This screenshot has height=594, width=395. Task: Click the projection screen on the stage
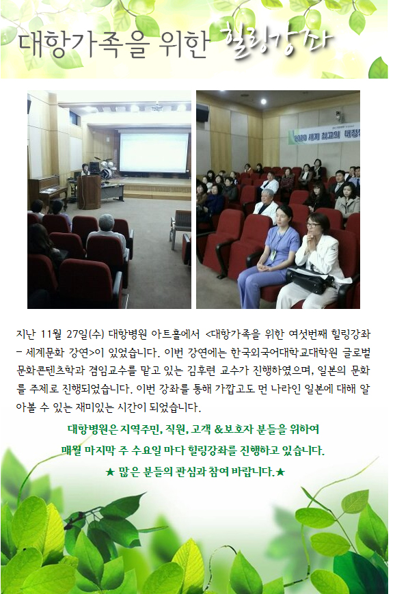[x=154, y=152]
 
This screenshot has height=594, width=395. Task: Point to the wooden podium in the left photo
[x=89, y=192]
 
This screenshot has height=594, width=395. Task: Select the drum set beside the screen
[x=104, y=168]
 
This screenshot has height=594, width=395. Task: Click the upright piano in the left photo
[x=46, y=191]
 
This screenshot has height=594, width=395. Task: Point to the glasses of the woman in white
[x=313, y=225]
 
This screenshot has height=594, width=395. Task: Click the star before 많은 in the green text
[x=110, y=472]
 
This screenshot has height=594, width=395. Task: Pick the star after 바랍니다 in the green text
[x=280, y=472]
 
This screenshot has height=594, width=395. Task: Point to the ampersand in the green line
[x=219, y=429]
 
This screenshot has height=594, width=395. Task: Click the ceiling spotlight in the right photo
[x=264, y=102]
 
